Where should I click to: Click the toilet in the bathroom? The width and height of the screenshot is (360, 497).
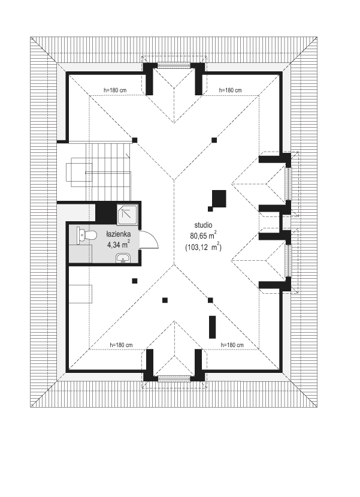87,236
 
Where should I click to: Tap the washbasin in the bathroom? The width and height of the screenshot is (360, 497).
122,258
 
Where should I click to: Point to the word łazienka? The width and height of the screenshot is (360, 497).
119,234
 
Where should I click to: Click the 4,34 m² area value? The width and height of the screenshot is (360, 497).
119,245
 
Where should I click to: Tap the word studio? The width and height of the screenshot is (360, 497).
203,225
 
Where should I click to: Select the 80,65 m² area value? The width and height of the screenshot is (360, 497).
203,236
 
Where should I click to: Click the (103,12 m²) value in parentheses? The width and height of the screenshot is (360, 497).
203,247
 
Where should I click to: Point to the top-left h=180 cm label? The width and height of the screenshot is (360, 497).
115,91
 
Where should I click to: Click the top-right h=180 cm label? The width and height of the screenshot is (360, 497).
230,91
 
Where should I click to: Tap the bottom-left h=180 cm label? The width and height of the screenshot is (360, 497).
121,345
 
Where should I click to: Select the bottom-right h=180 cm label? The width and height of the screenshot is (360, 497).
232,345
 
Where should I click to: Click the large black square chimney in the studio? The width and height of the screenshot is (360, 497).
219,198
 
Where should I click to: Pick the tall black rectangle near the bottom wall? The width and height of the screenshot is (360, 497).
213,327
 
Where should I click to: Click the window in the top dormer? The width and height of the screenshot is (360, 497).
174,65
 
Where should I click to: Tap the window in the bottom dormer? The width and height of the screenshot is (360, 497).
174,378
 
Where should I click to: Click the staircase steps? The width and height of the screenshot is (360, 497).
108,173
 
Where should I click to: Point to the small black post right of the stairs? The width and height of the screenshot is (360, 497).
135,140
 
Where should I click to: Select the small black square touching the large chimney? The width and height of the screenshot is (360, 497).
210,209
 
